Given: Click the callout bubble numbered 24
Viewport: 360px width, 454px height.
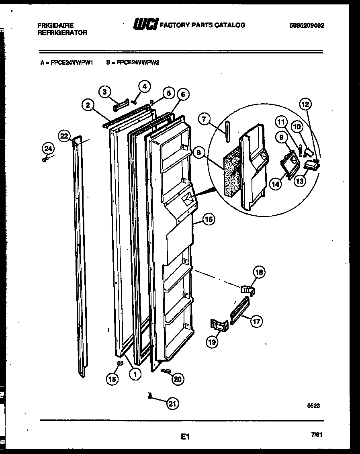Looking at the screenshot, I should pyautogui.click(x=48, y=149).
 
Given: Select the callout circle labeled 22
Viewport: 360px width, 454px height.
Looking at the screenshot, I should pyautogui.click(x=64, y=136).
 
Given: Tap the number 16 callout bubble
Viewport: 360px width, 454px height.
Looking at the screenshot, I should pyautogui.click(x=209, y=219).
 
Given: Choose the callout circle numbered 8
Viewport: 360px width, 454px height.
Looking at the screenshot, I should pyautogui.click(x=198, y=153).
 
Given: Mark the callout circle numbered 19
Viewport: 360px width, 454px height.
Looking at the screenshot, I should pyautogui.click(x=213, y=342).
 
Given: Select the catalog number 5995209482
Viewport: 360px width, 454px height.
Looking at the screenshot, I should pyautogui.click(x=307, y=25).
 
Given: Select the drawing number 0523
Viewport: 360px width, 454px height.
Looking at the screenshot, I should pyautogui.click(x=314, y=406).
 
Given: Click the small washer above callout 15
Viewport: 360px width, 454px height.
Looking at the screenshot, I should pyautogui.click(x=119, y=364).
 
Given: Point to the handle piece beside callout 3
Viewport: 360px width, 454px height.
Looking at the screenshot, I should pyautogui.click(x=121, y=106).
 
